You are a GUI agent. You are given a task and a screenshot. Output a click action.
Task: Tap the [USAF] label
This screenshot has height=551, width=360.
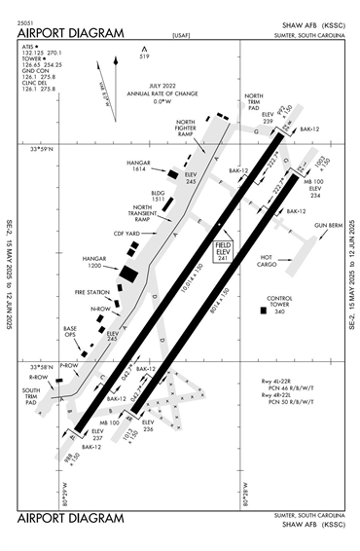180,36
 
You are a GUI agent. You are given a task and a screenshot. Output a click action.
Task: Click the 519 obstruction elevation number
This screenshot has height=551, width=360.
145,57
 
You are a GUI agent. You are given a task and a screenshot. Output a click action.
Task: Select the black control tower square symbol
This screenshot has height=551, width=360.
263,311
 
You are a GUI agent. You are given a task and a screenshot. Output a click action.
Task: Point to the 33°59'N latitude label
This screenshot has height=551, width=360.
45,149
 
